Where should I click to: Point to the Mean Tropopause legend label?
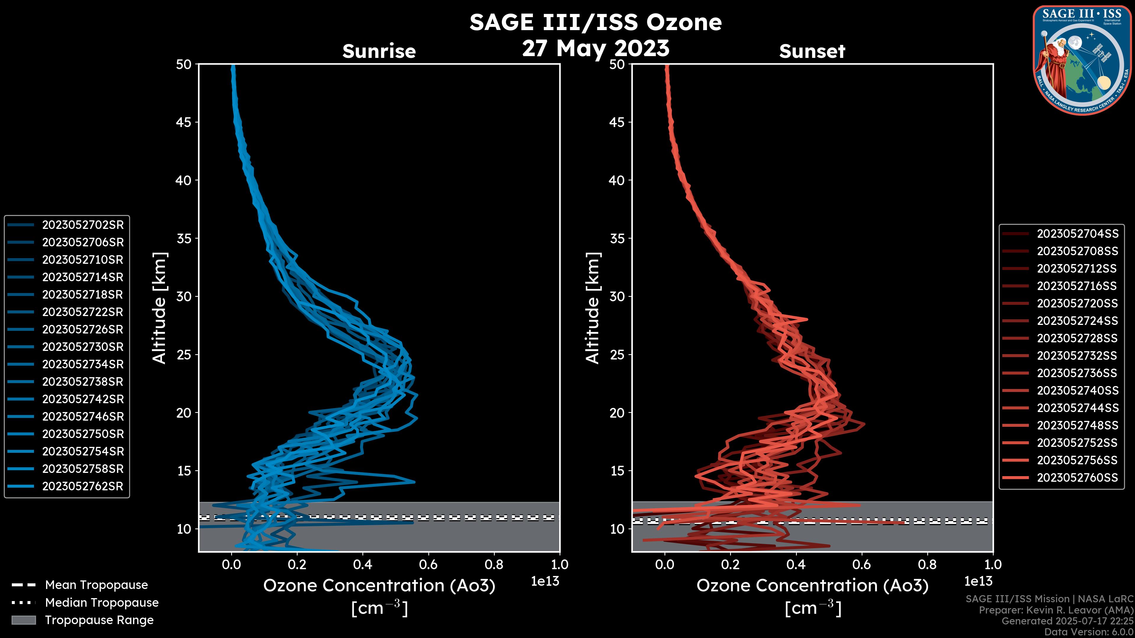click(96, 585)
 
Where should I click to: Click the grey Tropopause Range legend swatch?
click(23, 620)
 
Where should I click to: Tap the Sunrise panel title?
click(379, 51)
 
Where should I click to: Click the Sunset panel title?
click(812, 51)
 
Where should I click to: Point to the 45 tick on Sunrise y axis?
click(184, 122)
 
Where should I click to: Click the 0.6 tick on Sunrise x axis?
click(428, 564)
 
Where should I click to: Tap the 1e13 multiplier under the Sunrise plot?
click(545, 582)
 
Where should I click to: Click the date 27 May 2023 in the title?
click(595, 48)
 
